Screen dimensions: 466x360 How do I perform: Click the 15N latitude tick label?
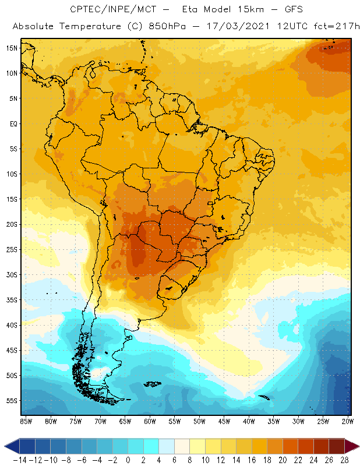point(12,48)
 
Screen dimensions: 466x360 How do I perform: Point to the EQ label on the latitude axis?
point(13,123)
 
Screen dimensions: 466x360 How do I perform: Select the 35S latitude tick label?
point(12,300)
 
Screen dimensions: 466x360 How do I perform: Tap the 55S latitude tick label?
point(12,401)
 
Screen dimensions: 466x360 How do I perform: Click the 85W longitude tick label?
point(26,421)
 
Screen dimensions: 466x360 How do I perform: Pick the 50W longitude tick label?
point(200,421)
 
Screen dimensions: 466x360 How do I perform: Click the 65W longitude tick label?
point(125,421)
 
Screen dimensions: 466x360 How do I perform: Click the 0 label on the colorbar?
point(128,460)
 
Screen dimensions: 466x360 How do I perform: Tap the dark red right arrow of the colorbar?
point(352,446)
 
